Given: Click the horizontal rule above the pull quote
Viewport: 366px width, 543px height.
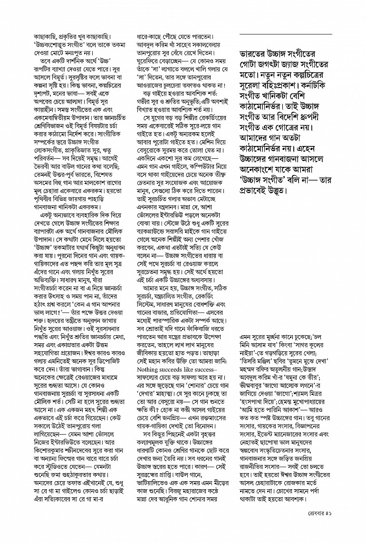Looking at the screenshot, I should click(x=285, y=35).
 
